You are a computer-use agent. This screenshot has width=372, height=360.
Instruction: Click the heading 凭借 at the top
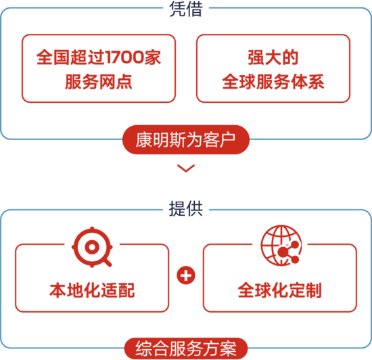pos(186,9)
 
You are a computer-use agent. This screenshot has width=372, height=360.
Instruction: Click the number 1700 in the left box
pos(124,58)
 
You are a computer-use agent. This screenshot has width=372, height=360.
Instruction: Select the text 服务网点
pos(99,82)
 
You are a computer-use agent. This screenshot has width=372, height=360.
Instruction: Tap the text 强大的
pos(273,58)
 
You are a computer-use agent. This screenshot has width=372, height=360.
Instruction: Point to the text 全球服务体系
pos(273,82)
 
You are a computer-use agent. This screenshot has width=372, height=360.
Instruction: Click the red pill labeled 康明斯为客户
pos(186,140)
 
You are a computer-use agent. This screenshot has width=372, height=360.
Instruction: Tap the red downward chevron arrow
pos(186,168)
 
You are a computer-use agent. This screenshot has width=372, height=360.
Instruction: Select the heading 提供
pos(186,208)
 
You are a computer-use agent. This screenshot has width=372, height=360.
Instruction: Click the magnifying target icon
pos(92,247)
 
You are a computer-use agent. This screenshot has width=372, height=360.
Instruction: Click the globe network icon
pos(281,246)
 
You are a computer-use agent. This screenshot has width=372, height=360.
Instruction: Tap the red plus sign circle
pos(186,275)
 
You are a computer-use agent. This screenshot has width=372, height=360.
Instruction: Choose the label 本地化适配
pos(92,290)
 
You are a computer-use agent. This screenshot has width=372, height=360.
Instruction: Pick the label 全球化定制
pos(280,290)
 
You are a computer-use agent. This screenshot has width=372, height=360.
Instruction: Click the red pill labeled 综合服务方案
pos(186,348)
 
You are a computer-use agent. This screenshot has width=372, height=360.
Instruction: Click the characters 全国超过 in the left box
pos(70,58)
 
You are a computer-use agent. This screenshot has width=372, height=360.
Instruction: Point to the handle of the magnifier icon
pos(108,263)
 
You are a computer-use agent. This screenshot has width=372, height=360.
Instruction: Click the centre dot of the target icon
pos(92,247)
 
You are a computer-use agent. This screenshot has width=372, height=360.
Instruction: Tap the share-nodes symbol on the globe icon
pos(289,252)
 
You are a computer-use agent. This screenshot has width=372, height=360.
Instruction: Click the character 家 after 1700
pos(153,58)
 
